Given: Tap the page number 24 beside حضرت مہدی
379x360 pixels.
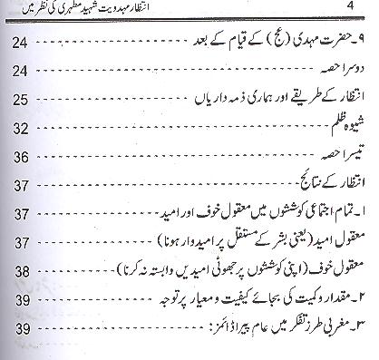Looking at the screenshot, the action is click(24, 42).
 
